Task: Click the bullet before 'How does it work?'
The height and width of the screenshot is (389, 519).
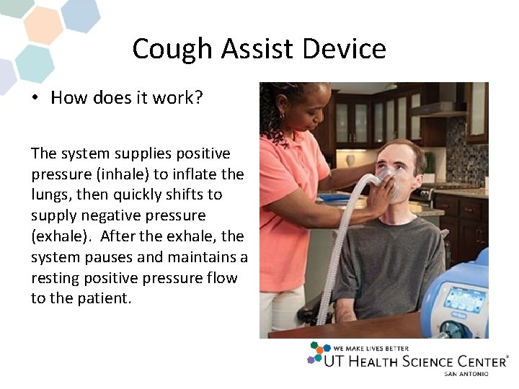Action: click(35, 98)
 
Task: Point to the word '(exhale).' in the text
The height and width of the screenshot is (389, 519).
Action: click(61, 236)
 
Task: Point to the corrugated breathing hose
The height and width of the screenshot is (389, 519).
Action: click(339, 238)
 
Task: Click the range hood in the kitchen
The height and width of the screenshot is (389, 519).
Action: click(439, 108)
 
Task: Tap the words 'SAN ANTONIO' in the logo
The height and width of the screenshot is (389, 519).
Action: click(466, 374)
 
